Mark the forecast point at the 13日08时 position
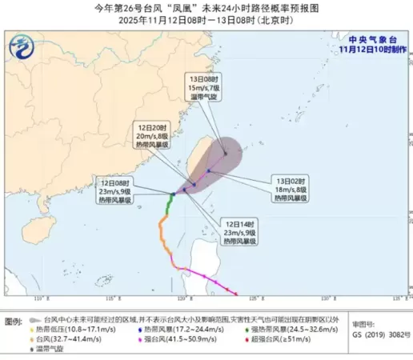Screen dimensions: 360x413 point(226,154)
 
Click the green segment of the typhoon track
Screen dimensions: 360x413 point(168,209)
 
